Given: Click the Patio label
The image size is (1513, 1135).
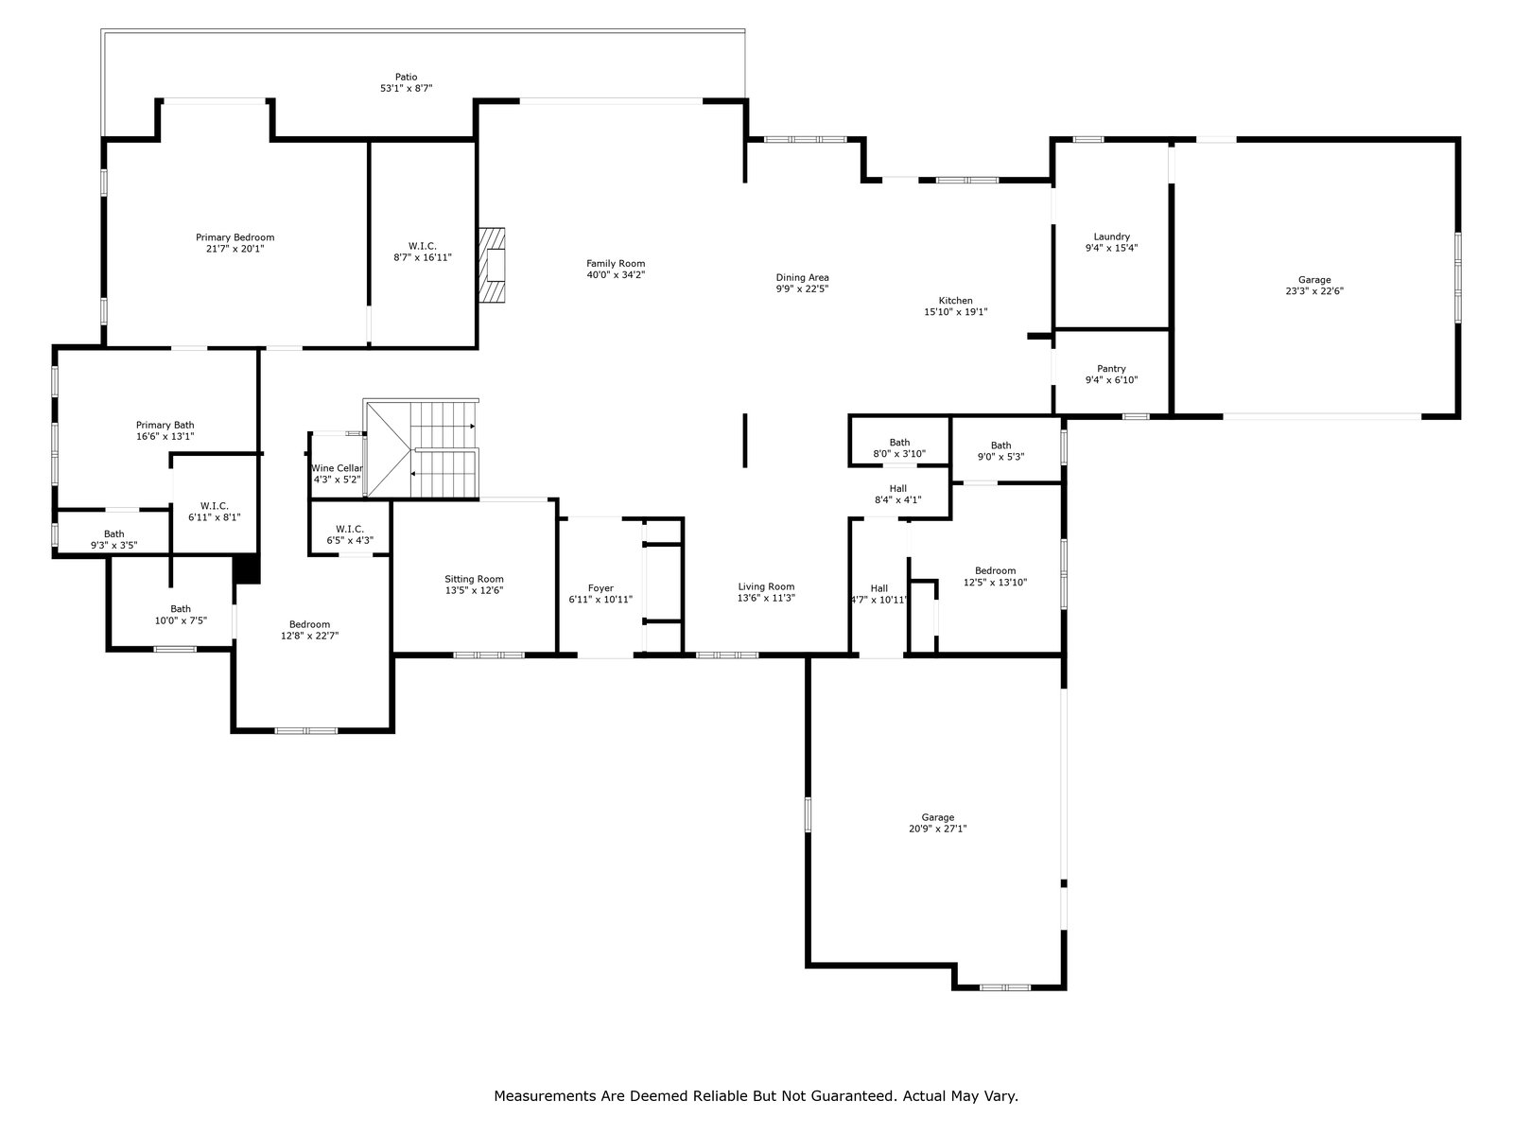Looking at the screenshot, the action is click(406, 78).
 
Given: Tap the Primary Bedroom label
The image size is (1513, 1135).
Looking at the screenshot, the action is click(235, 237).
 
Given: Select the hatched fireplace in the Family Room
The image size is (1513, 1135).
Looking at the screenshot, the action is click(492, 266).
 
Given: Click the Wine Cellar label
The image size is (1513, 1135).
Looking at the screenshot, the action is click(337, 468).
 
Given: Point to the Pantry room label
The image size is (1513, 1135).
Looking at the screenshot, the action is click(1111, 369).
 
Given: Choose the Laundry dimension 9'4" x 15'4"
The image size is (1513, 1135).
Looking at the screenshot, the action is click(1111, 248).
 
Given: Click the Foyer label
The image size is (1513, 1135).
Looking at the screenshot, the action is click(600, 588).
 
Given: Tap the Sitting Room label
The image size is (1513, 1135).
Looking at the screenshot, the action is click(475, 580).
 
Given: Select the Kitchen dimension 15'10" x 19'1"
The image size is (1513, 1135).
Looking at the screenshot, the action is click(955, 312).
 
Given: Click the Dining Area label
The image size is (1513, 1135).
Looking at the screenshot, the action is click(802, 278).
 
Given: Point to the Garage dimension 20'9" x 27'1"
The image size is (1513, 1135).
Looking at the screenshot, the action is click(937, 829).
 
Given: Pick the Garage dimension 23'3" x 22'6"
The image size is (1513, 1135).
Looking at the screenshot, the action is click(1314, 290).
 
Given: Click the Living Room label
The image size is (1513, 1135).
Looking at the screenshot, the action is click(767, 587).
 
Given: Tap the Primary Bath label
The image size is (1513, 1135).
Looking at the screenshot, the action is click(165, 426).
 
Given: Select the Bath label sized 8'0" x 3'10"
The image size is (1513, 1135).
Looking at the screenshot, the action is click(899, 443).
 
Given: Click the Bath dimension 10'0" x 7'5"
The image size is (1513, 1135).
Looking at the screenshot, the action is click(181, 620).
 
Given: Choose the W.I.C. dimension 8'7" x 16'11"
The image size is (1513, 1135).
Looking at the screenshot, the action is click(423, 257).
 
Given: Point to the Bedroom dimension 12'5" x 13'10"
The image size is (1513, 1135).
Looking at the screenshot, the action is click(996, 583).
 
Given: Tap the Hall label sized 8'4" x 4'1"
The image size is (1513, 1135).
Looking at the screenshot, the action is click(898, 489).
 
